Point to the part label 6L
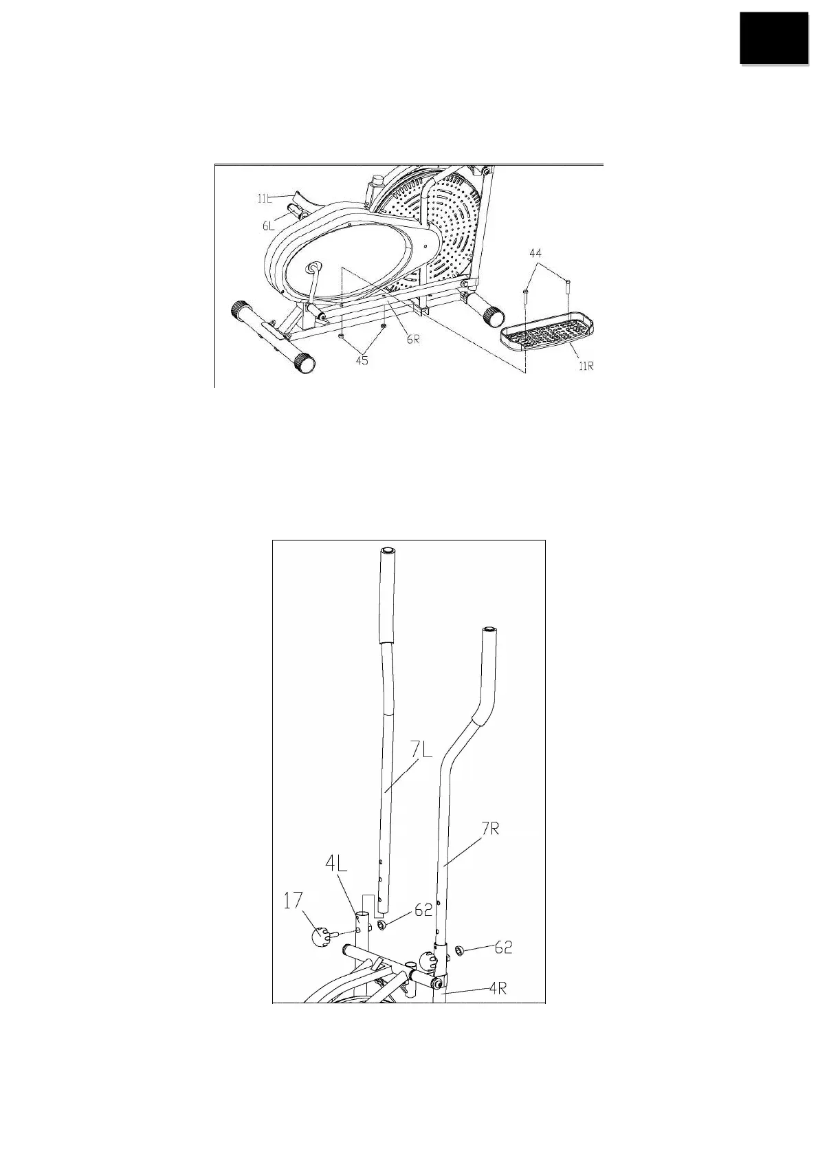coord(268,225)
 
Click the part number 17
coord(294,900)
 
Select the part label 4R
coord(498,990)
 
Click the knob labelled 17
coord(321,937)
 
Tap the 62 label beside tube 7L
coord(423,911)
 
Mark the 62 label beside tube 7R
coord(503,947)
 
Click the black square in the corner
coord(773,39)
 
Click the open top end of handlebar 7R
coord(488,629)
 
